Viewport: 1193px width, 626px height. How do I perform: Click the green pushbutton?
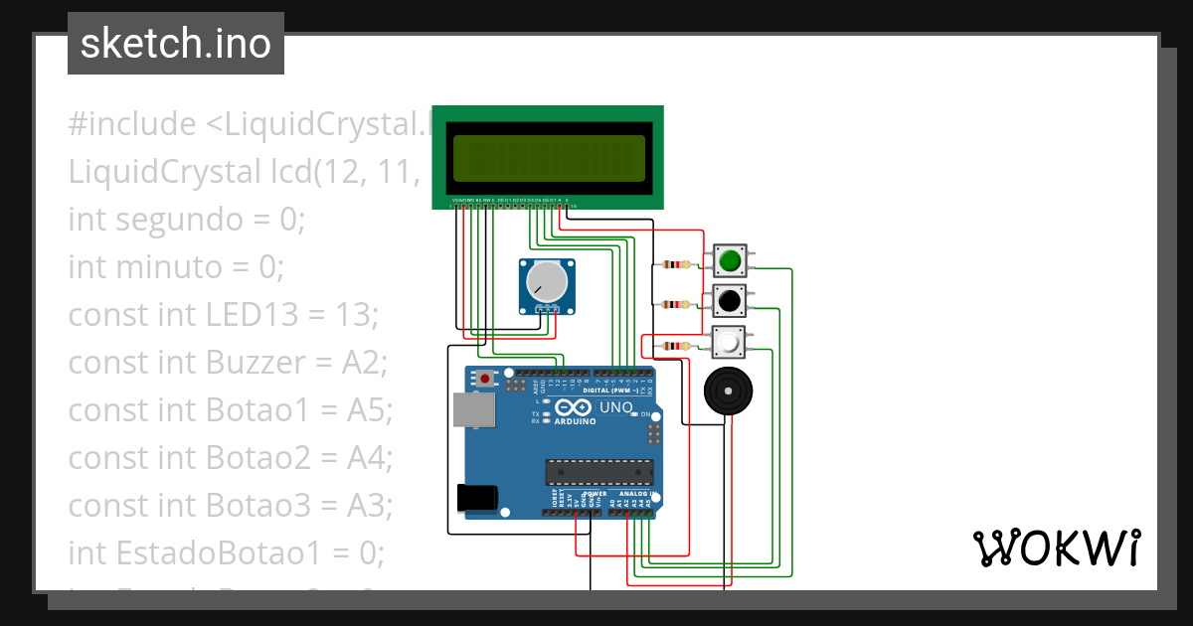click(x=730, y=260)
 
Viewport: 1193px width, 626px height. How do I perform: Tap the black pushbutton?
click(x=730, y=299)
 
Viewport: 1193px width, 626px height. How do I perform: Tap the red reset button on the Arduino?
click(x=484, y=379)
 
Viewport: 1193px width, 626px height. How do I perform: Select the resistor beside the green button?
click(x=676, y=264)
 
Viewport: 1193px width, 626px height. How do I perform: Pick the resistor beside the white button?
click(x=676, y=346)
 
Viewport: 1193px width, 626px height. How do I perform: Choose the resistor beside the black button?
click(x=676, y=304)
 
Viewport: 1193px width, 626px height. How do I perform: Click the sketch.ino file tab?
click(x=176, y=44)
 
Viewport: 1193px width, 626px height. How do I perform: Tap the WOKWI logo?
click(x=1056, y=548)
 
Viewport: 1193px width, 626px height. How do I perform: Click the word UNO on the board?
click(x=615, y=407)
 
